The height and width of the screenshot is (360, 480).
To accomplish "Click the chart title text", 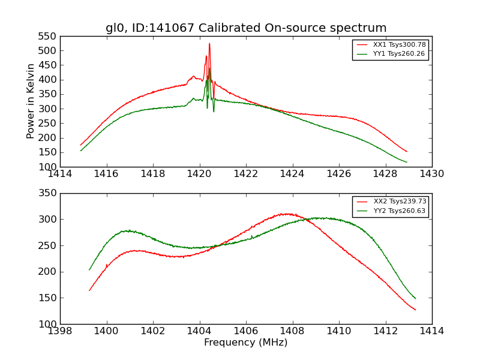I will coord(246,28).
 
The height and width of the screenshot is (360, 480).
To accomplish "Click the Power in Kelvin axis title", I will coord(31,101).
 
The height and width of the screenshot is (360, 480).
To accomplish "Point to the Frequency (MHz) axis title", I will coord(246,343).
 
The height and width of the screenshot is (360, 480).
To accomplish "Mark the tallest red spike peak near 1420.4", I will coord(209,43).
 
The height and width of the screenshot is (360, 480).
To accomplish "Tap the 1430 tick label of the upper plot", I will coord(432,174).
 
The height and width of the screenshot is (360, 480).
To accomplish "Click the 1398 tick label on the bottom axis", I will coord(60,331).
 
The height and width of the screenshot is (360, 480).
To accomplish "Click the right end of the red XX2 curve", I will coord(415,310).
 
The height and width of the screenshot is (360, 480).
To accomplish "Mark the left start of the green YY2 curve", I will coord(89,269).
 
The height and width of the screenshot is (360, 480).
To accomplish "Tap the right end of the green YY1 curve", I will coord(407,162).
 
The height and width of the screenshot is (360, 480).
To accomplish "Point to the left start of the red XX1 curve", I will coord(80,145).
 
